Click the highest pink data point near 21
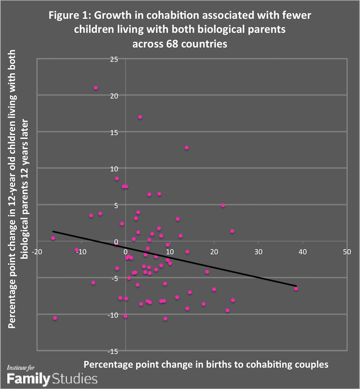[96, 88]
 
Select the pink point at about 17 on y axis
[140, 117]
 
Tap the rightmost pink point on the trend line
[296, 289]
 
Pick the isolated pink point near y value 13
[187, 148]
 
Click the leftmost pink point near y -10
[55, 318]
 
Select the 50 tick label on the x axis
[346, 252]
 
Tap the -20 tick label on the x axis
[37, 252]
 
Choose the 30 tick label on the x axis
[258, 252]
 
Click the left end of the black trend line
[53, 232]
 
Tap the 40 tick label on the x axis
[302, 252]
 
